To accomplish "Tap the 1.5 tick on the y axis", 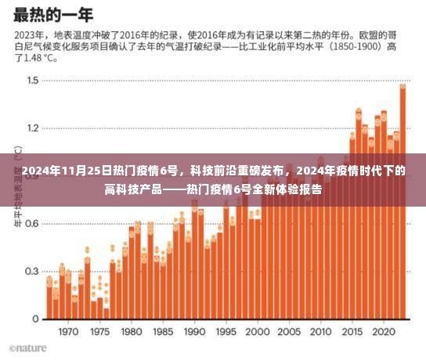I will coord(32,81).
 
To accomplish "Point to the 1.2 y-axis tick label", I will coord(32,128).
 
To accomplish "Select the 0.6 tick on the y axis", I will coord(32,224).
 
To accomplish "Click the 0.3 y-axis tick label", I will coord(32,272).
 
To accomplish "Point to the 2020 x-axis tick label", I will coord(381,332).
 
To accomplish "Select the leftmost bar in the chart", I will coord(49,301).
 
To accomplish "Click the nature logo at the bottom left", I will coord(28,348).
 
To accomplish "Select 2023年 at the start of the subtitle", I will coord(29,35).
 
